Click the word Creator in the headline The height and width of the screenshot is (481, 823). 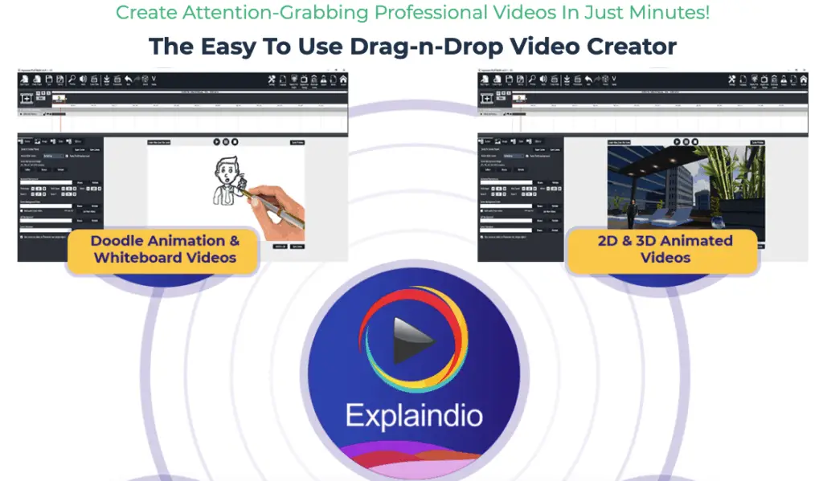634,46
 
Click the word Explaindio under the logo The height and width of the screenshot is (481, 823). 413,415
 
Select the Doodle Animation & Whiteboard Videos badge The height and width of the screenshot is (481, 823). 165,249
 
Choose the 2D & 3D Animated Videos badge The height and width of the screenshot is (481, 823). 665,249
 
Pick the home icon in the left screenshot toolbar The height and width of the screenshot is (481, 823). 343,79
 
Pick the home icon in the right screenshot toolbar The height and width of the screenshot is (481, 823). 803,79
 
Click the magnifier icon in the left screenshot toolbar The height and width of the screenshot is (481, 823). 72,79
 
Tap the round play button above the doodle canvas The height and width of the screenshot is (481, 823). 216,141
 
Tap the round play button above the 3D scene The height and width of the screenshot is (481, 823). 676,141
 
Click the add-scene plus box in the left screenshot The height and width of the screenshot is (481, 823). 27,98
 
